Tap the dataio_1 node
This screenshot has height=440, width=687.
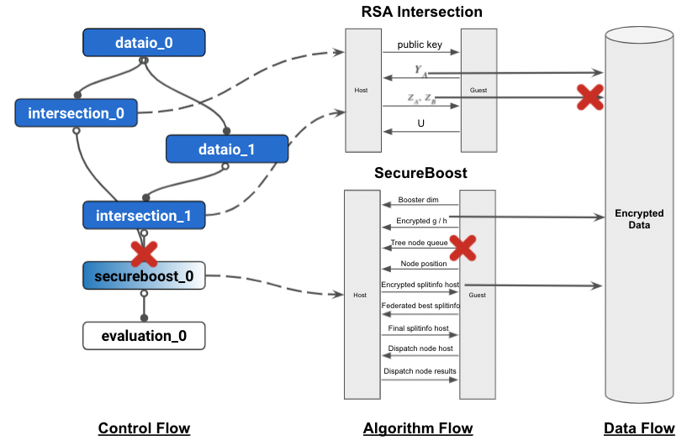pos(226,149)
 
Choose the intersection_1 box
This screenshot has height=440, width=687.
pos(144,216)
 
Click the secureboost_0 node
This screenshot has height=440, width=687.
pos(144,275)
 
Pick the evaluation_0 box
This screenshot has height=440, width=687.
pos(144,337)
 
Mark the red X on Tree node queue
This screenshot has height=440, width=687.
pos(462,246)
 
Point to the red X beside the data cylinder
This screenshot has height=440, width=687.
pos(591,97)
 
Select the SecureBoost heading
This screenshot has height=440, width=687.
pos(420,173)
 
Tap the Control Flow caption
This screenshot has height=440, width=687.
pos(144,428)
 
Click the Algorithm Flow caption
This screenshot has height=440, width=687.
pos(418,428)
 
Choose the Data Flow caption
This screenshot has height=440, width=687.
pos(639,428)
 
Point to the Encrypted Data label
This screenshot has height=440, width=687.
pos(639,219)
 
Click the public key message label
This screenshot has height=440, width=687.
pos(420,45)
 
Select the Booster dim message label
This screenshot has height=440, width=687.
pos(419,200)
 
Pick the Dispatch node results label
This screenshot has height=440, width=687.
pos(420,370)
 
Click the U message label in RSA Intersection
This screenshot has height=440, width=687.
pos(420,123)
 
